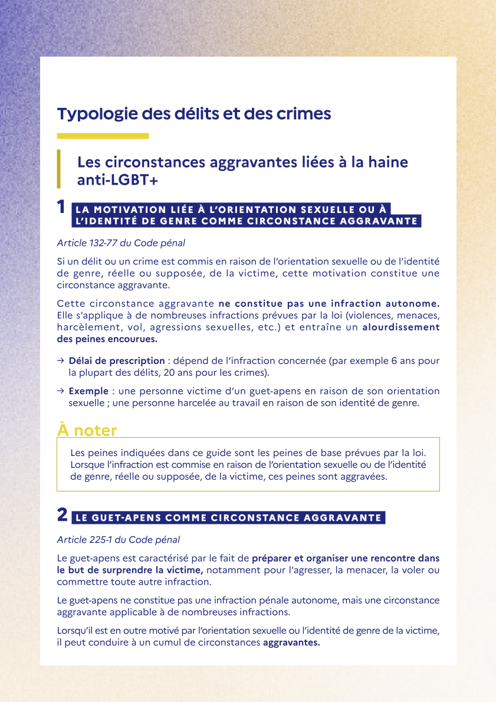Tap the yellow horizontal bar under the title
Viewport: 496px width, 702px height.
[x=103, y=136]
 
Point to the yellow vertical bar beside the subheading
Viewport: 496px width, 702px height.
[x=59, y=169]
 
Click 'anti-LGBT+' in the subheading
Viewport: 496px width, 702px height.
[x=117, y=181]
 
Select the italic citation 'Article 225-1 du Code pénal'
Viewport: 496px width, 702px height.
[x=118, y=539]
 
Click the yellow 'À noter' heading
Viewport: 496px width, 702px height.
[x=87, y=430]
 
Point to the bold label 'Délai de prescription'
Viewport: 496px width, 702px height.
[x=117, y=360]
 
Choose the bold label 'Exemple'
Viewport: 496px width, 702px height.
[x=88, y=391]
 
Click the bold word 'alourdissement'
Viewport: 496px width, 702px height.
[x=401, y=327]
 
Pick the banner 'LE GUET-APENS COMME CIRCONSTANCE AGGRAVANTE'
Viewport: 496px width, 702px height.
[x=228, y=519]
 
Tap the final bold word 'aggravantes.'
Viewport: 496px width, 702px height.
[x=291, y=642]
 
